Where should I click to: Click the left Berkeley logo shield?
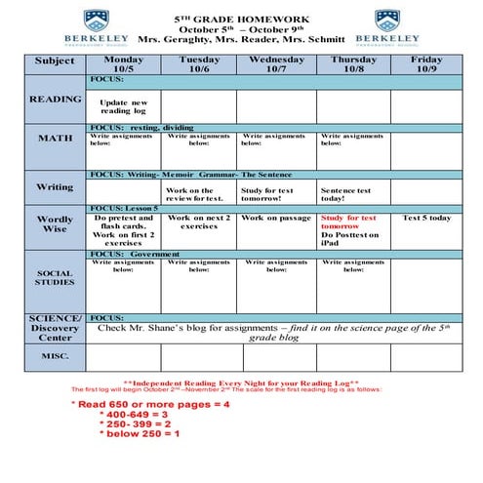click(x=95, y=20)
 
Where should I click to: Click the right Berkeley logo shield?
click(x=387, y=20)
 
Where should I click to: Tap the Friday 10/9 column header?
click(x=427, y=63)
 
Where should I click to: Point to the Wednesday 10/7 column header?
click(x=276, y=63)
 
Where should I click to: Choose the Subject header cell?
click(x=55, y=60)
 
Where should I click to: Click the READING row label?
click(x=55, y=100)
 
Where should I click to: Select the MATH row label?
click(x=55, y=139)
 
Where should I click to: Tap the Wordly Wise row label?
click(x=55, y=224)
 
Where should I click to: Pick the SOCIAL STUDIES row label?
click(x=55, y=278)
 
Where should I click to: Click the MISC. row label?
click(x=55, y=356)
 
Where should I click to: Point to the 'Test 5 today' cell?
click(x=427, y=218)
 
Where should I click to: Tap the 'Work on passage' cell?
click(x=276, y=218)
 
